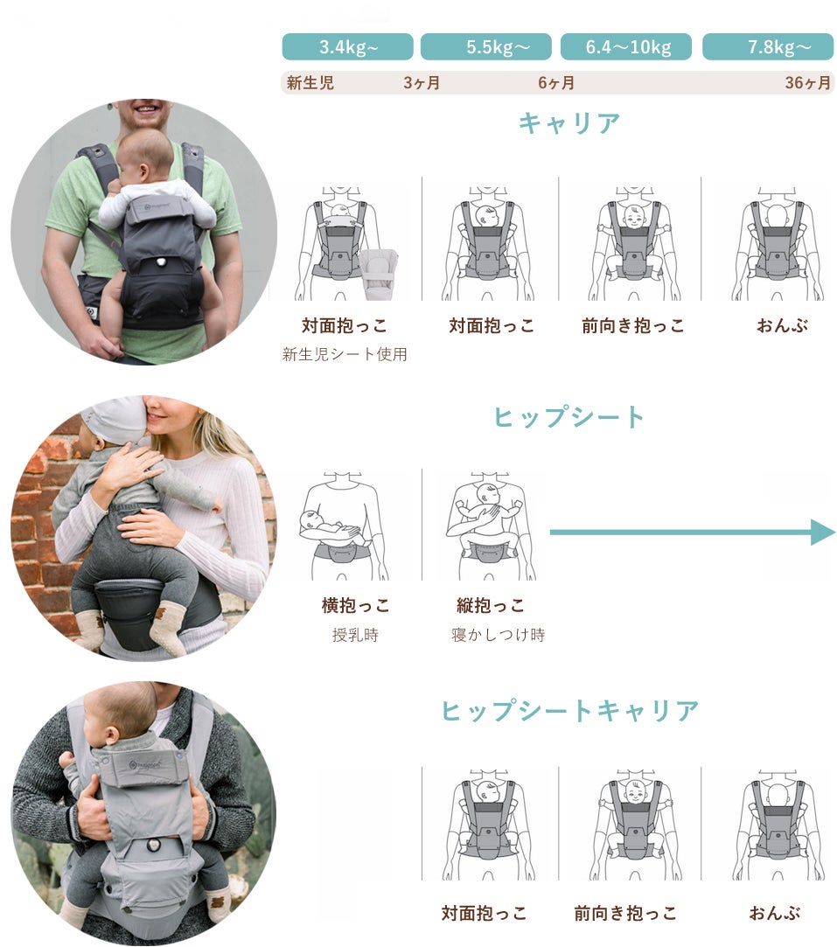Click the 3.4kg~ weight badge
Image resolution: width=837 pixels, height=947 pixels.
(x=348, y=46)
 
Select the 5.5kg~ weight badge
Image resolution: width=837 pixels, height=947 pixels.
(x=486, y=46)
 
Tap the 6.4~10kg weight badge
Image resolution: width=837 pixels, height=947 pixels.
(x=626, y=46)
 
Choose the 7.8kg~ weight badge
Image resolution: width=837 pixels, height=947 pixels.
(x=768, y=46)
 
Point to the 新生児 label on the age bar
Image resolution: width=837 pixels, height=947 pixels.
(x=310, y=83)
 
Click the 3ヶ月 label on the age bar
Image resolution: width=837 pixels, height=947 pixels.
(x=422, y=83)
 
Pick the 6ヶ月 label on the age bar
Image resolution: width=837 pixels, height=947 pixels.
(x=556, y=83)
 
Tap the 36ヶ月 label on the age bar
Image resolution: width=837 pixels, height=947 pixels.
(x=808, y=83)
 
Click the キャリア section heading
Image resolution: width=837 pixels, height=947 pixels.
(x=569, y=123)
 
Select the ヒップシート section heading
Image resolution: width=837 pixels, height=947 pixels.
(x=569, y=417)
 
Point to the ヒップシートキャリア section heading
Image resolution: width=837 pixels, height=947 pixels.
(x=569, y=711)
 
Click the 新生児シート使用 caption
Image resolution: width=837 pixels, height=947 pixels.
(x=345, y=354)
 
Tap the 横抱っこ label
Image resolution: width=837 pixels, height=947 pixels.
(x=356, y=605)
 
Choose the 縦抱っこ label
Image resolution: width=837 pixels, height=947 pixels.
(x=491, y=605)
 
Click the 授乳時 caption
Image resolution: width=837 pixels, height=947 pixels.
(x=355, y=635)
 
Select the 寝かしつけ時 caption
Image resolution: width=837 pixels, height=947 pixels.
(x=499, y=635)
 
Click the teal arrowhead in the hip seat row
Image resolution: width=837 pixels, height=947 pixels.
(x=823, y=532)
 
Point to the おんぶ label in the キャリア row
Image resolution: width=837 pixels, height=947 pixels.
(x=783, y=326)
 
